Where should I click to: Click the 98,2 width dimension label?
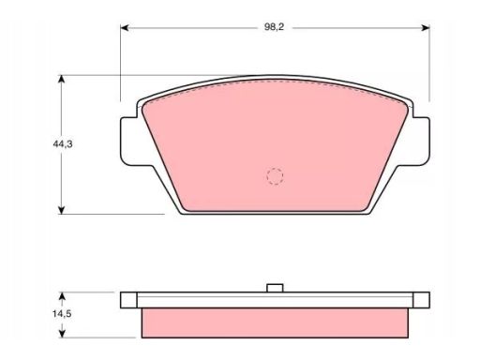(x=274, y=27)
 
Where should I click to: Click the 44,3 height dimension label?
(x=63, y=144)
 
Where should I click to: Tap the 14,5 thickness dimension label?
(x=62, y=314)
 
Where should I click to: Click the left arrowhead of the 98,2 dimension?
(x=125, y=28)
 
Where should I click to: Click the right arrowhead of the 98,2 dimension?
(x=426, y=28)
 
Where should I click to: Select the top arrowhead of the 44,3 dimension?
(x=62, y=79)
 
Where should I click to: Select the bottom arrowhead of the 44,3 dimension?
(x=62, y=210)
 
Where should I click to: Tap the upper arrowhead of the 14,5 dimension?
(x=62, y=296)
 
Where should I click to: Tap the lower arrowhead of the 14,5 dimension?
(x=62, y=334)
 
